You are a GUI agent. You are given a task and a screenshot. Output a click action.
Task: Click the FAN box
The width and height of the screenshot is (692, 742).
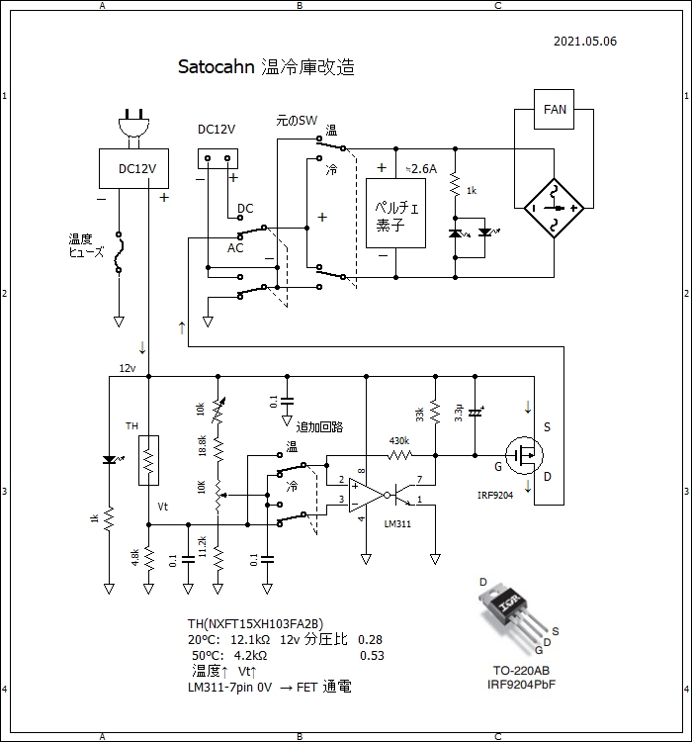(x=555, y=110)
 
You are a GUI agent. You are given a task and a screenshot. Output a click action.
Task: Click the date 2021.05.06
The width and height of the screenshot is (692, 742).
(x=585, y=42)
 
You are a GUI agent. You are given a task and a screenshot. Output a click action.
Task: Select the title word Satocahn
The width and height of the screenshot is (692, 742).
(x=216, y=67)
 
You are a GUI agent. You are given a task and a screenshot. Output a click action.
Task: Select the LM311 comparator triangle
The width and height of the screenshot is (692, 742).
(x=365, y=493)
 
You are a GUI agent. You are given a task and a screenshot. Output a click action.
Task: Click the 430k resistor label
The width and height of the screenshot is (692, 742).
(x=399, y=441)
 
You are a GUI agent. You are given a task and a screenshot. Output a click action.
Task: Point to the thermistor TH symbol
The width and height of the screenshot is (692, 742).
(x=148, y=459)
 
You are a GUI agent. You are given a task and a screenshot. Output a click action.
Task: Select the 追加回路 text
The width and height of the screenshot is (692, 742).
(x=318, y=426)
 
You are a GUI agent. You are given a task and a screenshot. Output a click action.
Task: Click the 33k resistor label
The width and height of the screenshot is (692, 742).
(x=420, y=415)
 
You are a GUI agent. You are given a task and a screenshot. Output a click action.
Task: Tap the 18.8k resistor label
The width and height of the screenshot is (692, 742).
(x=203, y=445)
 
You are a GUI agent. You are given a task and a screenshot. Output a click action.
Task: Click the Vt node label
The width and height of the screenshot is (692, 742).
(x=163, y=506)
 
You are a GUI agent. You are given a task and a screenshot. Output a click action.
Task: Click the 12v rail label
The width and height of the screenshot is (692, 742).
(x=128, y=368)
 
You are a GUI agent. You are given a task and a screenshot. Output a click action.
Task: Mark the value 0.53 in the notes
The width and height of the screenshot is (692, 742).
(x=372, y=655)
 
